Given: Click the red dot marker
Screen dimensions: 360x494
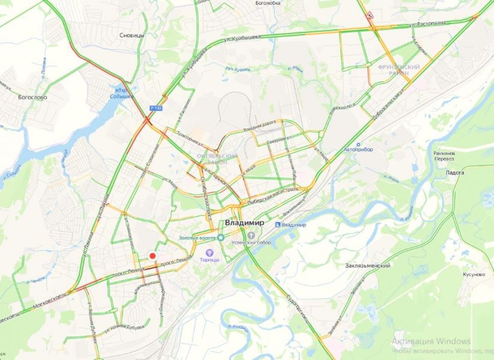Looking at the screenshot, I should coord(153,256).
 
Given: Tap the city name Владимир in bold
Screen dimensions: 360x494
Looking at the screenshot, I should coord(245,223).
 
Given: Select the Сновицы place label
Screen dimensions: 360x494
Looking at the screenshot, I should coord(132,35).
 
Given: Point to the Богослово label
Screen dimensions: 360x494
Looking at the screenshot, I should coord(33,98).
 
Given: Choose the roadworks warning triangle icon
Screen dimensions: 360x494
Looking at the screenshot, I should coord(370,16).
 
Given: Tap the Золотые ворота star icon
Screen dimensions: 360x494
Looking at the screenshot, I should coord(221,237).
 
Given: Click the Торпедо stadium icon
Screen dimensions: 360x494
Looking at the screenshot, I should coord(210,252).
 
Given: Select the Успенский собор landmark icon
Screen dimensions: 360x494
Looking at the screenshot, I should coord(251,235).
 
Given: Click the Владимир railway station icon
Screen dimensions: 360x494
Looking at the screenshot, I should coord(278,225).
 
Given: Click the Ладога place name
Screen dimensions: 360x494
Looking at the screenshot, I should coord(455,173).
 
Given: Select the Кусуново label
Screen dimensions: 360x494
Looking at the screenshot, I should coord(473,274).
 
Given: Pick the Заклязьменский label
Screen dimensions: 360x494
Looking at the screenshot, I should coord(368,266).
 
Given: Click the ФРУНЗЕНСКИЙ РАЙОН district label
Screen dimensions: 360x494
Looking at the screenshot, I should coord(399,70).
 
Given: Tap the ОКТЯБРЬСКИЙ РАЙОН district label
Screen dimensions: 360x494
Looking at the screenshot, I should coord(217,159).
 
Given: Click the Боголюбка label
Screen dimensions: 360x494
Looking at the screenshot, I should coord(268,3).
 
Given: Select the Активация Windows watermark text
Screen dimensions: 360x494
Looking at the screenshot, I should coord(431,341).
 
